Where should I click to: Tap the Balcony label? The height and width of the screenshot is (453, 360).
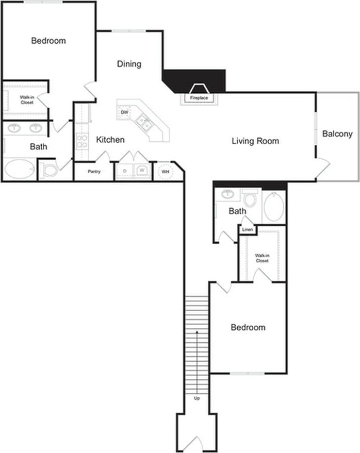pos(337,134)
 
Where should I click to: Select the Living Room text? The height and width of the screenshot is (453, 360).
pos(255,141)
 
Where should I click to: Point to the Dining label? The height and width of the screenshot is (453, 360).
pos(129,64)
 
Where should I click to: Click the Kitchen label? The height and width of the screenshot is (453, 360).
pos(110,140)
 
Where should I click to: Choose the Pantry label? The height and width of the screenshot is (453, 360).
pos(94,172)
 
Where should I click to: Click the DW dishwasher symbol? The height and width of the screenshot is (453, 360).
pos(124,112)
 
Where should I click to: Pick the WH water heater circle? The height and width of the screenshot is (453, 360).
pos(166,172)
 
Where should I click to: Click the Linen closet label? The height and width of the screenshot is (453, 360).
pos(248,229)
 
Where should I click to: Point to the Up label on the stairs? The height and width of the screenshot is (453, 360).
pos(197,398)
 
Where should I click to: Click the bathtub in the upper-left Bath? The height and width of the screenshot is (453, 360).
pos(20,169)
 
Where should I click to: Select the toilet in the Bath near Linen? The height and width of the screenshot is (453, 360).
pos(251,198)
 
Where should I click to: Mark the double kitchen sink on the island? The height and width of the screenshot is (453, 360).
pos(144,123)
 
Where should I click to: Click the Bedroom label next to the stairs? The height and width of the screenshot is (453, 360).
pos(248,327)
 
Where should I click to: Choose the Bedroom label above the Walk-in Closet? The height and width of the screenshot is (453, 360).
pos(48,41)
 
